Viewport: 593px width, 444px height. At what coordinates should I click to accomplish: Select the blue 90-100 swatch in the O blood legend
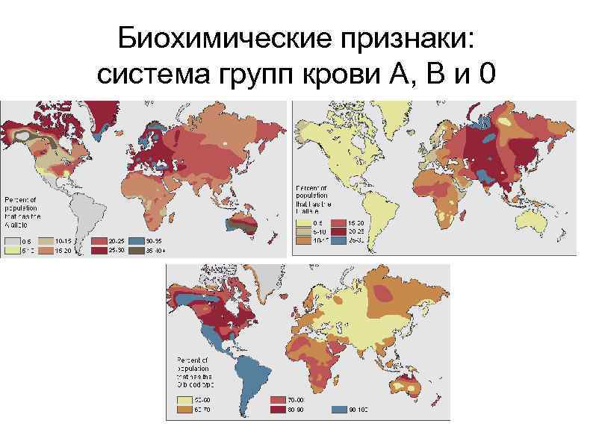(x=341, y=410)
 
